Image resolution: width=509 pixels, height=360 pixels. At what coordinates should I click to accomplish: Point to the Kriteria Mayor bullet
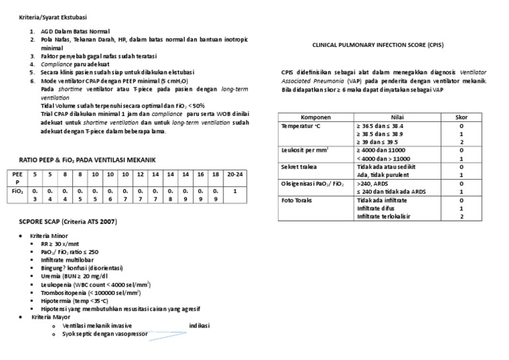(52, 317)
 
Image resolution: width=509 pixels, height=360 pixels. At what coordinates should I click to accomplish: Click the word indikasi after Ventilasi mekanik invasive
(200, 326)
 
